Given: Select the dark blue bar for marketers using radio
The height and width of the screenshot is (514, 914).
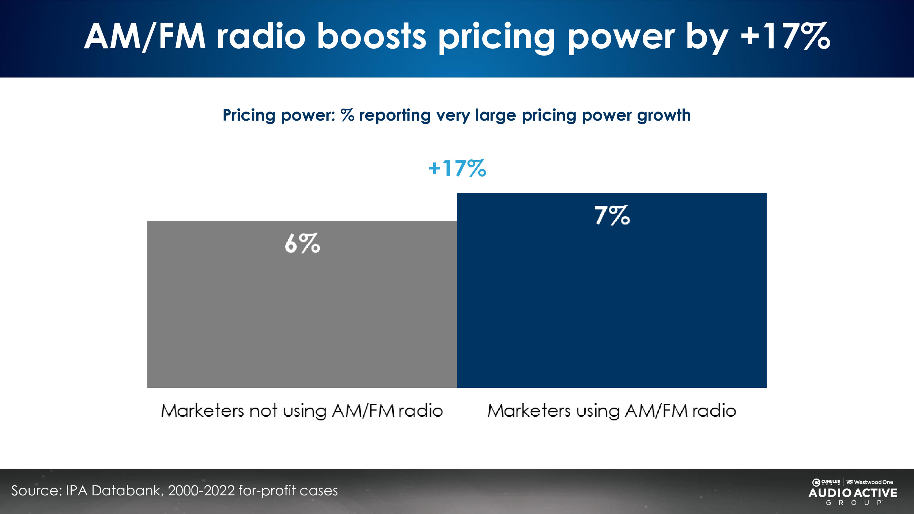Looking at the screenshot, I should click(612, 300).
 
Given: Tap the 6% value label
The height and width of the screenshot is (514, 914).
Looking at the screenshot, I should click(302, 243).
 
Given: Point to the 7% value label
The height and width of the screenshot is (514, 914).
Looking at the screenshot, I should click(612, 215).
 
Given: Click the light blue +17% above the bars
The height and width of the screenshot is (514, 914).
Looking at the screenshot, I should click(457, 169).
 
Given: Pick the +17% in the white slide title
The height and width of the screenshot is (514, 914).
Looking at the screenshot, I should click(785, 36).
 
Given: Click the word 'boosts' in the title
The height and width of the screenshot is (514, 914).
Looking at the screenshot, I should click(371, 36).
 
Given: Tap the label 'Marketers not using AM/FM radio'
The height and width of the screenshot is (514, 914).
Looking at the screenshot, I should click(302, 411).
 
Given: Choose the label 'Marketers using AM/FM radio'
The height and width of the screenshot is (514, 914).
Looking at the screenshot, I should click(612, 411).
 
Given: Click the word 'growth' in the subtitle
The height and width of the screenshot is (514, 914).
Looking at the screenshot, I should click(664, 116).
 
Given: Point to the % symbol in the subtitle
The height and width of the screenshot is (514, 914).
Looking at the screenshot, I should click(347, 116).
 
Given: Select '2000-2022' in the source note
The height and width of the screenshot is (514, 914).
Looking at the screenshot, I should click(201, 491).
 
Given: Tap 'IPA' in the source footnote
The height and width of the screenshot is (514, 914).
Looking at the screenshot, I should click(76, 491).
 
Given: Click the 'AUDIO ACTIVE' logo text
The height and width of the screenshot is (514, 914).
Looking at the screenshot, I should click(853, 493).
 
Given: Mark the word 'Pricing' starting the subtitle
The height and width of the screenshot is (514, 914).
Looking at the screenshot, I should click(249, 116).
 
